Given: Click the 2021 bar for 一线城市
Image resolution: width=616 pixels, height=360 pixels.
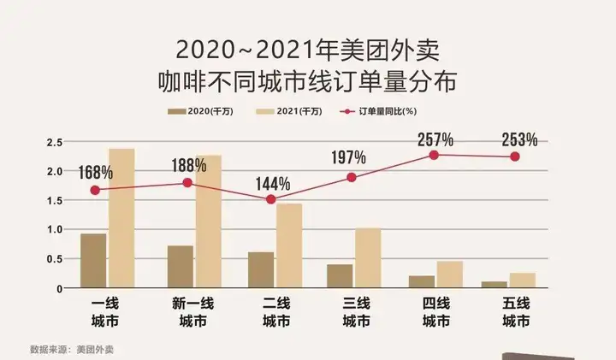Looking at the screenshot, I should click(x=121, y=218).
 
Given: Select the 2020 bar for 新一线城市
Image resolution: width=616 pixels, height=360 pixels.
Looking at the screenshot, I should click(x=180, y=267).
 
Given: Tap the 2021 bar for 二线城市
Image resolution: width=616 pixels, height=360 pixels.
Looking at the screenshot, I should click(x=289, y=245).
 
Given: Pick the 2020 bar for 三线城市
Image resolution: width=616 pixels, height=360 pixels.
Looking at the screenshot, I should click(x=339, y=276).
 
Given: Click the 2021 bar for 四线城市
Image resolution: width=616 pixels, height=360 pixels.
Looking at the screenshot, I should click(x=449, y=274).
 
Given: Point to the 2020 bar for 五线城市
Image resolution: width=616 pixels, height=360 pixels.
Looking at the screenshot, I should click(x=493, y=285).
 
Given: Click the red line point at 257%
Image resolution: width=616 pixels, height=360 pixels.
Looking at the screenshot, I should click(x=434, y=155).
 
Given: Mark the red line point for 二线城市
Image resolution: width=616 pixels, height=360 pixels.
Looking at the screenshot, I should click(x=270, y=199).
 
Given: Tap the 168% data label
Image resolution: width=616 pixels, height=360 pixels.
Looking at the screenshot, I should click(x=94, y=173).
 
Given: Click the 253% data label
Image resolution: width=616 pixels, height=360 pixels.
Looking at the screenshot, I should click(x=519, y=139).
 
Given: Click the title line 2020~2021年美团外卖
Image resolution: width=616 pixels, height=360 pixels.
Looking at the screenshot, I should click(x=308, y=49).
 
